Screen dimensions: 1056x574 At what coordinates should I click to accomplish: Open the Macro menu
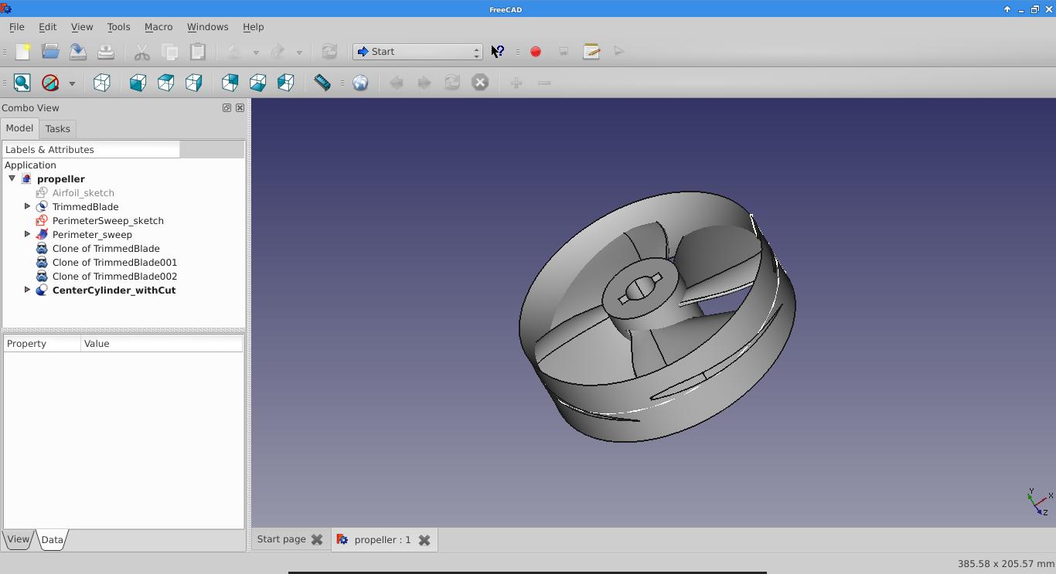click(158, 27)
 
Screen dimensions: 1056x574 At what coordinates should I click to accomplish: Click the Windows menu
click(207, 27)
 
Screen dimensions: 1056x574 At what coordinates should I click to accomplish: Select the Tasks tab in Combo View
click(57, 129)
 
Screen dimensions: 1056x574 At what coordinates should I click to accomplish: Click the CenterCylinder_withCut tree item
click(114, 290)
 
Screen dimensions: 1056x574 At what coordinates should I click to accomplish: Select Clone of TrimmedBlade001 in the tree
click(114, 263)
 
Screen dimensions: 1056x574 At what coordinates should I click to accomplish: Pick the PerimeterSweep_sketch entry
click(108, 220)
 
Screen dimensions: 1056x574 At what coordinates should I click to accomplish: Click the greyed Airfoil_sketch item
click(83, 192)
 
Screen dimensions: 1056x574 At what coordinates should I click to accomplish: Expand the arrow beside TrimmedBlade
click(27, 206)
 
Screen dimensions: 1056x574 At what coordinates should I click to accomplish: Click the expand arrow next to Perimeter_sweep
click(27, 234)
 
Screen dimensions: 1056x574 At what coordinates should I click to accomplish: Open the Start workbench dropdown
click(417, 51)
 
